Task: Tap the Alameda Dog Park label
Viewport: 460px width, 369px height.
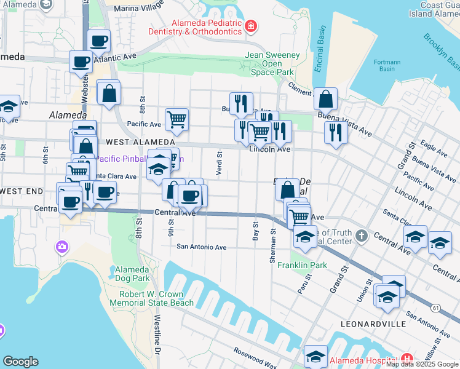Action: (132, 274)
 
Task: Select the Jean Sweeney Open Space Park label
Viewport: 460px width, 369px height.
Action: (273, 63)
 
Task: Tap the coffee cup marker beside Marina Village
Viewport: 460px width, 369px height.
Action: (99, 41)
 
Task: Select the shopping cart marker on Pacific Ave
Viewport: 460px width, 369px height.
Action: (176, 119)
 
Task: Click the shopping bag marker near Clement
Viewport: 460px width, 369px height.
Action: (325, 98)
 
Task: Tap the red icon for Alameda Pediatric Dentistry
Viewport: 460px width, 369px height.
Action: (250, 26)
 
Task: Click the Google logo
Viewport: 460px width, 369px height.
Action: (20, 362)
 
